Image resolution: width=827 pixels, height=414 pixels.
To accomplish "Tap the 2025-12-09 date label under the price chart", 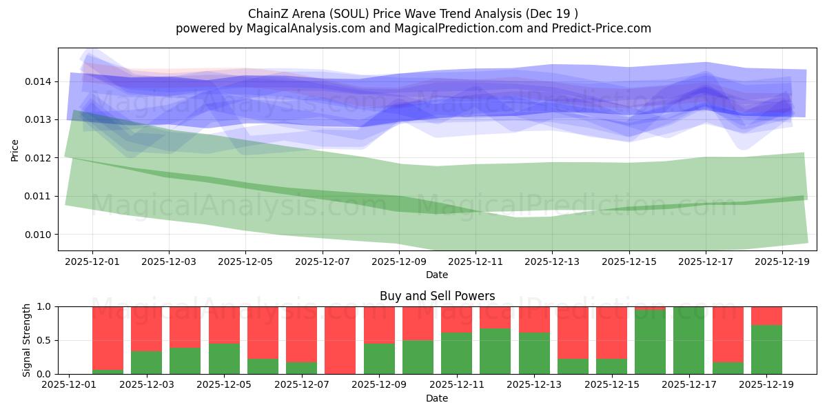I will click(399, 262).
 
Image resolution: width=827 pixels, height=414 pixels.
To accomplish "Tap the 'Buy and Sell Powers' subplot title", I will click(437, 296).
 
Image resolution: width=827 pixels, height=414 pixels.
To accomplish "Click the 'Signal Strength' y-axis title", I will click(26, 340).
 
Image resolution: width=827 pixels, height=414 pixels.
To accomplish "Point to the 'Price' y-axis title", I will click(15, 149).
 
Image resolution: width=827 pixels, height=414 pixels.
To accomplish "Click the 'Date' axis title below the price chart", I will click(437, 275).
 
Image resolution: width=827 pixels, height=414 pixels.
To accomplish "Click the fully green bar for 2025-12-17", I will click(689, 340).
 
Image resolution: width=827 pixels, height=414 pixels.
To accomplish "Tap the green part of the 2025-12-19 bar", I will click(766, 350).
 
